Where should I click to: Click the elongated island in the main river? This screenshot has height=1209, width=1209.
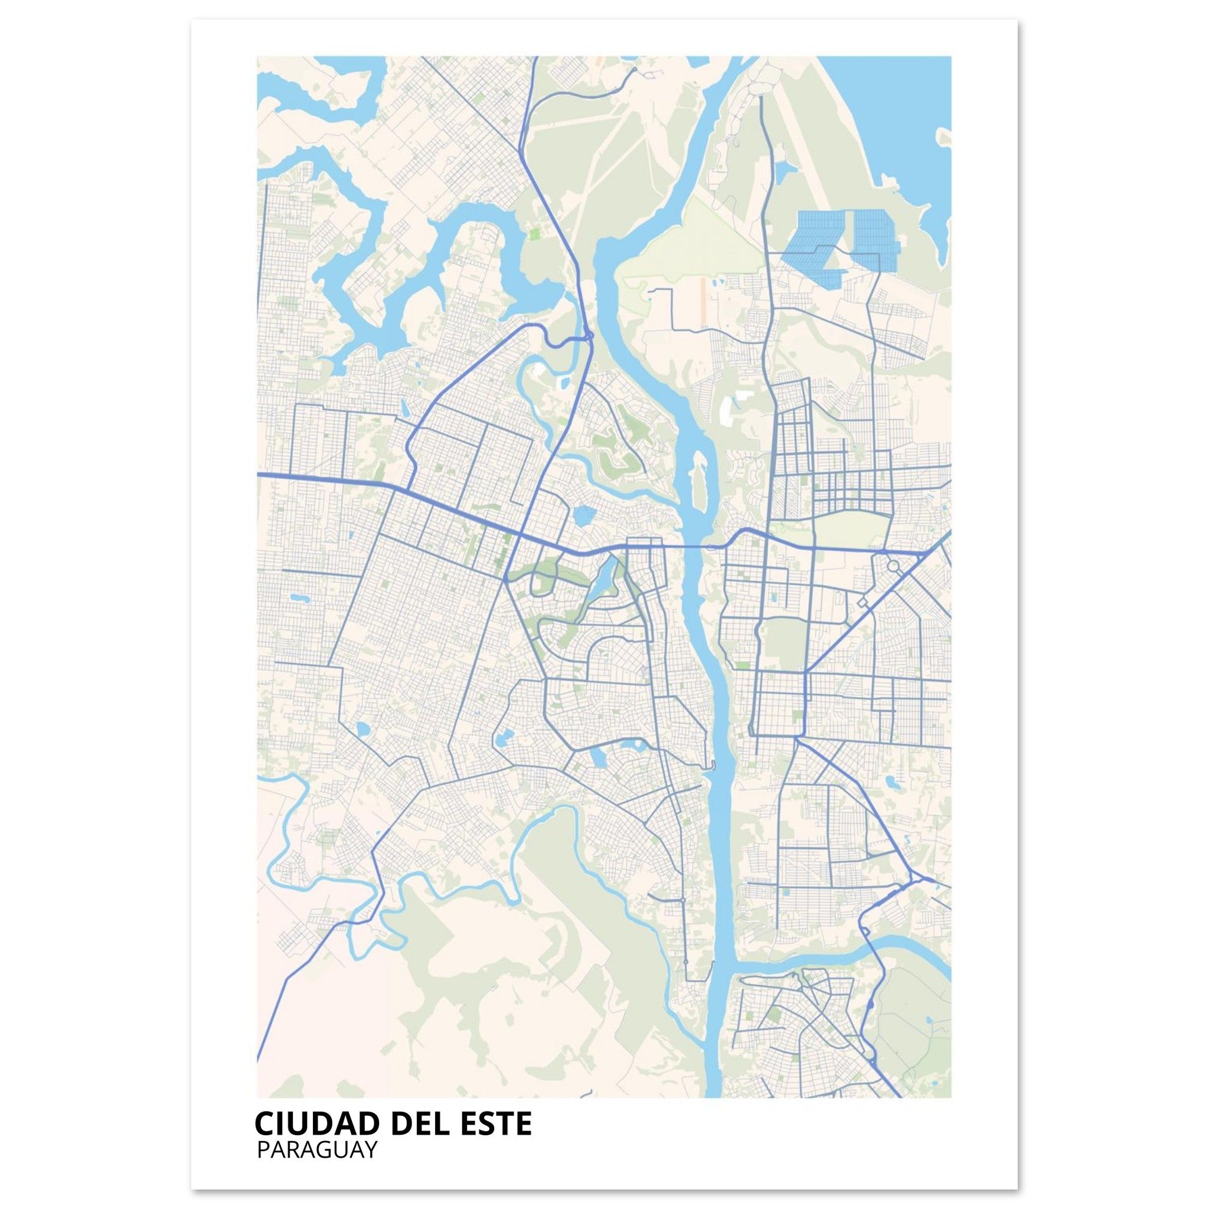point(699,482)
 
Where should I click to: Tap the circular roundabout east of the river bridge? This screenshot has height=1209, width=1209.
point(893,566)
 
